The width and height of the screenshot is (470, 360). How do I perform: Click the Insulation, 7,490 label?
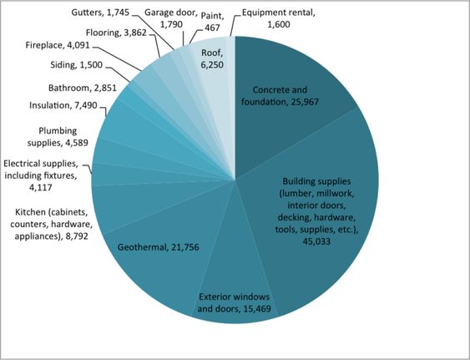click(x=63, y=105)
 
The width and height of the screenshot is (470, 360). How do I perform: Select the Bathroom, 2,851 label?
click(x=83, y=89)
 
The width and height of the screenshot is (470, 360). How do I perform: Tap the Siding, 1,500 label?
click(x=77, y=65)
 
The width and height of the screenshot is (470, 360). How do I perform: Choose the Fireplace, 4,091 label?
click(x=58, y=45)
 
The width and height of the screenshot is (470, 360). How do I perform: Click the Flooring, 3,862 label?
click(x=116, y=33)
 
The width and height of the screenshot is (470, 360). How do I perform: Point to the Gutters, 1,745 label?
click(x=100, y=13)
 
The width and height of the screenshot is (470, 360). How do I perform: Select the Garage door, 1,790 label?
click(x=171, y=18)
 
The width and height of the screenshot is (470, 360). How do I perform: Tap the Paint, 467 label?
click(x=213, y=22)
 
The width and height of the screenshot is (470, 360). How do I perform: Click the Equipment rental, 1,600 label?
click(x=279, y=18)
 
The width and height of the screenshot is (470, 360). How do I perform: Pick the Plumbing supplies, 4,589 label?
click(x=58, y=137)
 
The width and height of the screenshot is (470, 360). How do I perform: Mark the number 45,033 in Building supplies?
click(x=316, y=241)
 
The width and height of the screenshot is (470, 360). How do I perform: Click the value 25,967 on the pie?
click(x=305, y=102)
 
